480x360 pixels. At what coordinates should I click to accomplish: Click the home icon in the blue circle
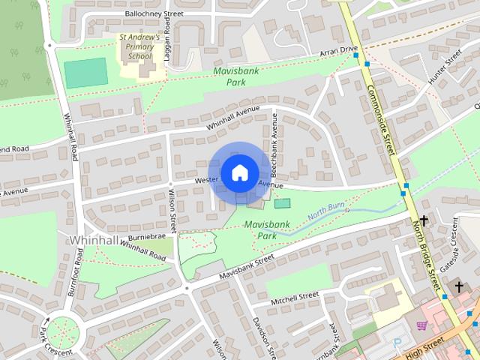[239, 173]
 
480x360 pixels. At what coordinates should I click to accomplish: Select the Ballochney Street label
[154, 13]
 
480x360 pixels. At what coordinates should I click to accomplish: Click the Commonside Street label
[382, 119]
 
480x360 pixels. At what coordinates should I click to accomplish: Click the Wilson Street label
[172, 210]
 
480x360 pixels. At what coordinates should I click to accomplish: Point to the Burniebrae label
[148, 235]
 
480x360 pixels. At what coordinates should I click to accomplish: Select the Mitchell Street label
[295, 298]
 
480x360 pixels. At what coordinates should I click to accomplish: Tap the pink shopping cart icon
[421, 325]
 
